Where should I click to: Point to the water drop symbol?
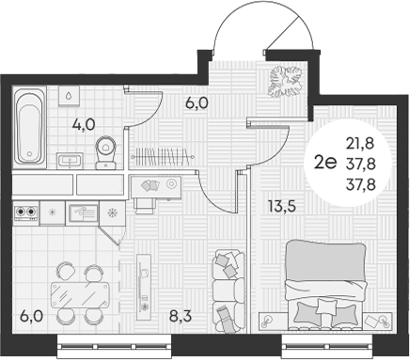(x=71, y=95)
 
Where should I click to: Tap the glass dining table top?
(x=75, y=287)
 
